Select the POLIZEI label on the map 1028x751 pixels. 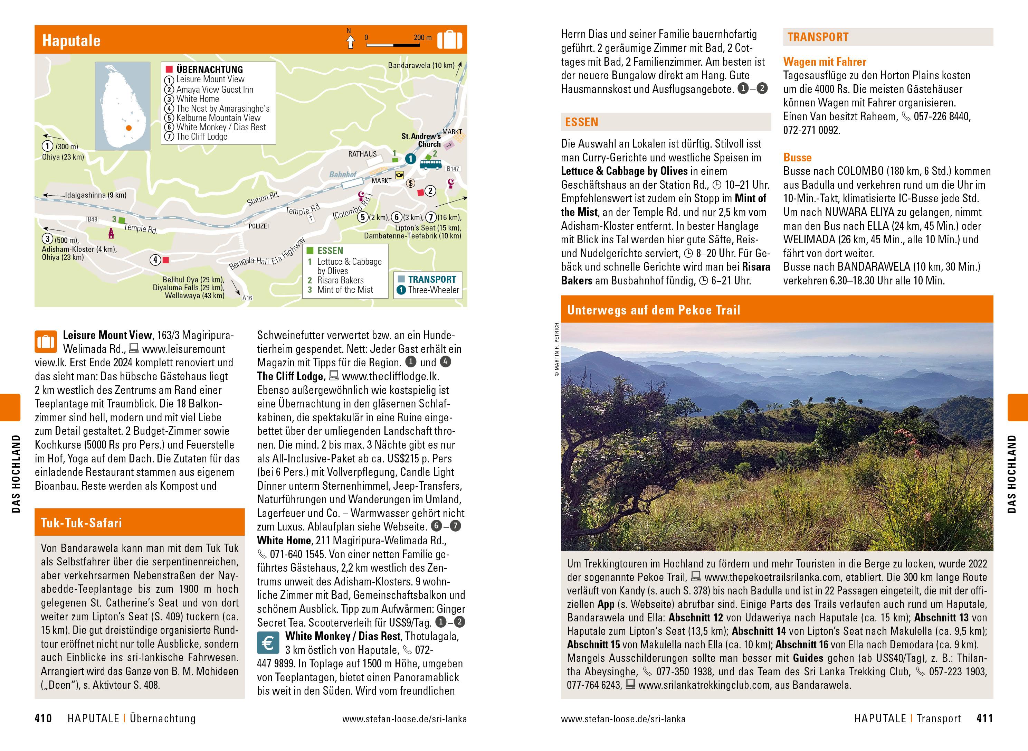(258, 226)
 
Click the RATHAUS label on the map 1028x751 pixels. (362, 154)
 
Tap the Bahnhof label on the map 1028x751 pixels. (343, 175)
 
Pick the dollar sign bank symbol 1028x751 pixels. (410, 183)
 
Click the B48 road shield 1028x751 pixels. (92, 219)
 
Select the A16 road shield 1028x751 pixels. (247, 298)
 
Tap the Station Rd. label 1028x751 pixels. (263, 199)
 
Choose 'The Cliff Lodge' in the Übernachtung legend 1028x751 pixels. (202, 137)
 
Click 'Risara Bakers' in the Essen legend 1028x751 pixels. (340, 280)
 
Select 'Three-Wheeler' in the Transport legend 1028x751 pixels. (434, 290)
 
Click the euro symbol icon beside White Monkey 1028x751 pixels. (268, 643)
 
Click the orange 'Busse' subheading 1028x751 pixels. (797, 158)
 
